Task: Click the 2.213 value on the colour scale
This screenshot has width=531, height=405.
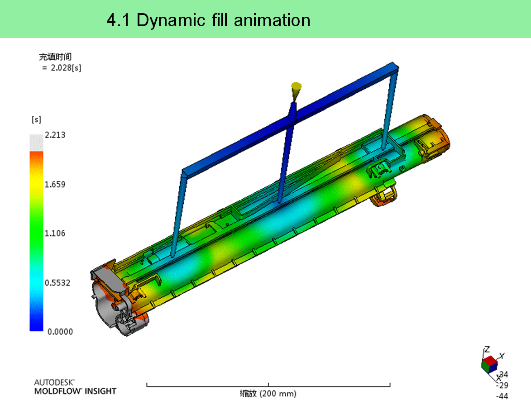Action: (55, 135)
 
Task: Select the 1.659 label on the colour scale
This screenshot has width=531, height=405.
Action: (55, 184)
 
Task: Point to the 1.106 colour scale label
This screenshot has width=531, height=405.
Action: (55, 233)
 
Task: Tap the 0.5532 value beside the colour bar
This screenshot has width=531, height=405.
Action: (57, 282)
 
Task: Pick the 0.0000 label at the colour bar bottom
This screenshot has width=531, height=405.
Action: (60, 332)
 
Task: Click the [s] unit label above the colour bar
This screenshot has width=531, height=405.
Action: (36, 119)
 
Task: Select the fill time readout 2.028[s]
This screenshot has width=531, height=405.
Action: (66, 68)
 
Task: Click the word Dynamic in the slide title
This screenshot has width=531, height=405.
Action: (171, 21)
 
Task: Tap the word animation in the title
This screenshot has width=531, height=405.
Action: (272, 20)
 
